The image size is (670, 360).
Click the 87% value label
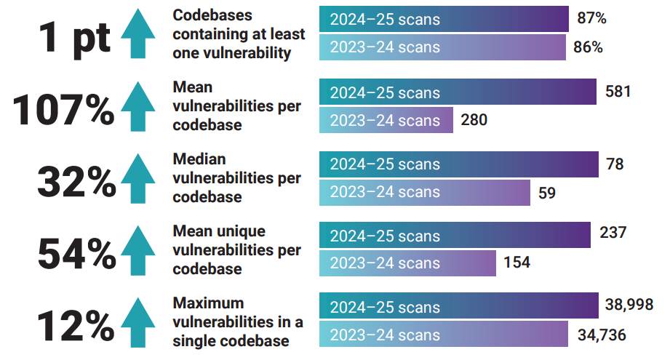[591, 19]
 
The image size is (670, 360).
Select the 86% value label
[588, 48]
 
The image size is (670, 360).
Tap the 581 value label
[618, 92]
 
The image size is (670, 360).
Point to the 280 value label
[474, 120]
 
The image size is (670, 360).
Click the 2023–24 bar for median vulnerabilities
[425, 193]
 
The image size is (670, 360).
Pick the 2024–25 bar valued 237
[455, 236]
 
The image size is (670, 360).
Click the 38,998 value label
[629, 304]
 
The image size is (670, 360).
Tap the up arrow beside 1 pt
[138, 34]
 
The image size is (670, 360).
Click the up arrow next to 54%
[138, 251]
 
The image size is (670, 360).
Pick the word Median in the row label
[199, 159]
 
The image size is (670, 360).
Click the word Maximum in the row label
[207, 303]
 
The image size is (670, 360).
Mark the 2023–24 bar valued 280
[386, 120]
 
